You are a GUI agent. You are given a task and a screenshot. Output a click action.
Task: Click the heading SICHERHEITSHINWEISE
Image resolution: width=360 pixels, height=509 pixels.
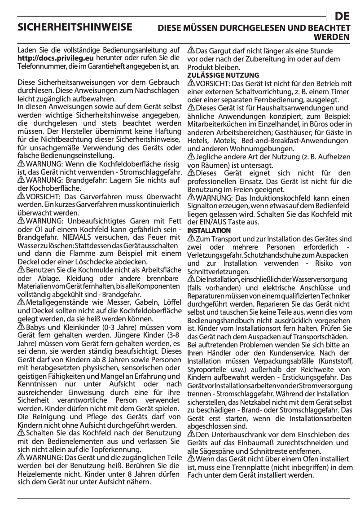pos(75,27)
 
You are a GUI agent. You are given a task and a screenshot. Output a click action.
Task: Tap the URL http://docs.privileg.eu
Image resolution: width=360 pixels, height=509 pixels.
pos(55,58)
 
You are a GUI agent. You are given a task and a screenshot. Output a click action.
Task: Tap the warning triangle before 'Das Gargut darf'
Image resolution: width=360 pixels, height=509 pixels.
pos(191,51)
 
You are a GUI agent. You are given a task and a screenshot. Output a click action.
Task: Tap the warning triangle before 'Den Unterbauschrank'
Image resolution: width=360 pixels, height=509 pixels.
pos(191,434)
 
